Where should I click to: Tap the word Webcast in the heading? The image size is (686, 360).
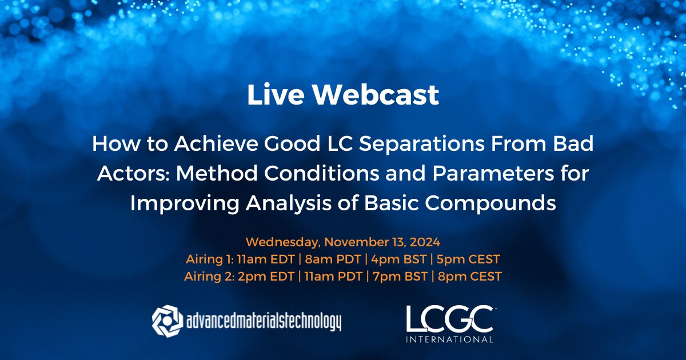(378, 95)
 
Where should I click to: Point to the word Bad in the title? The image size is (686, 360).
(572, 145)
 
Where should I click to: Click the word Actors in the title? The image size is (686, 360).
(133, 174)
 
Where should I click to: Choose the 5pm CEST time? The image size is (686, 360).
(468, 259)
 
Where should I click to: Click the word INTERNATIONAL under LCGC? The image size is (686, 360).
(449, 339)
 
